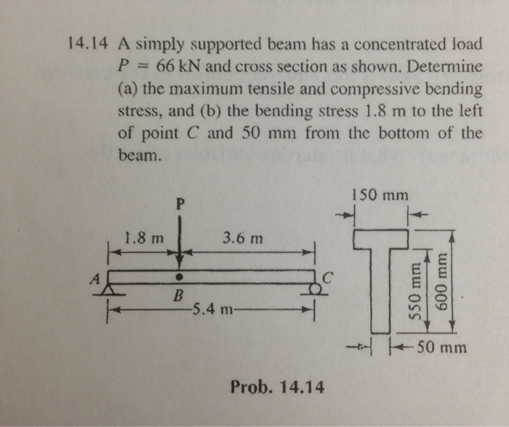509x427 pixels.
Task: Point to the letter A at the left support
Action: [x=94, y=277]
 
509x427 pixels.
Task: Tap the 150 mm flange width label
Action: [x=379, y=195]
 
